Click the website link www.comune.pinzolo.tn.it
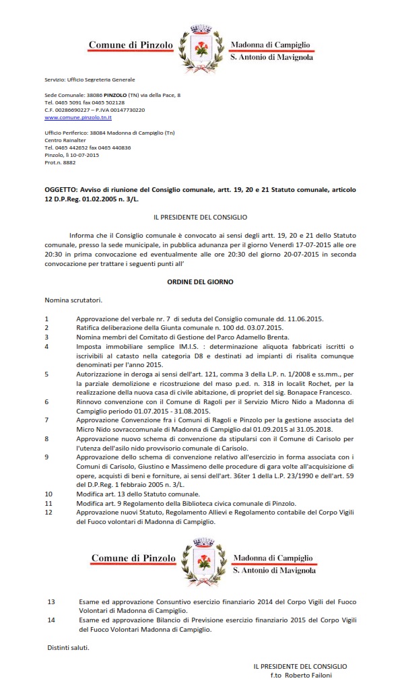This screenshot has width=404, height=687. pyautogui.click(x=78, y=117)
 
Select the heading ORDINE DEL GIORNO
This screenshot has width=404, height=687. pyautogui.click(x=200, y=282)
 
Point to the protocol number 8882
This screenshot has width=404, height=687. pyautogui.click(x=69, y=162)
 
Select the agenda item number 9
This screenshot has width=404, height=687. pyautogui.click(x=46, y=456)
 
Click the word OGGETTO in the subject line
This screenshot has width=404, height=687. pyautogui.click(x=62, y=190)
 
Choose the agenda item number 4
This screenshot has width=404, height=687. pyautogui.click(x=46, y=346)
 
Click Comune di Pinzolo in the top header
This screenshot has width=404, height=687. pyautogui.click(x=131, y=45)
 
